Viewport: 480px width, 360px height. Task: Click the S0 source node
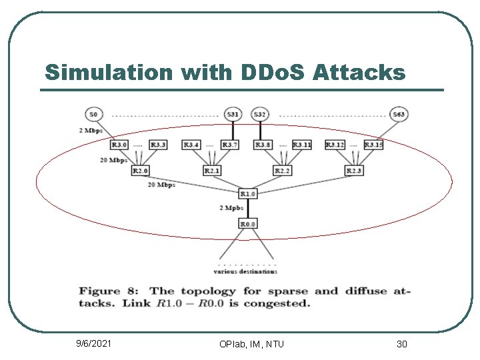click(x=94, y=115)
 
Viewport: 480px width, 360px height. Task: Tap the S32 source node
click(x=259, y=115)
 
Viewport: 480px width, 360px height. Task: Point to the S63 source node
click(x=399, y=115)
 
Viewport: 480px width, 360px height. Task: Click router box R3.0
click(x=119, y=145)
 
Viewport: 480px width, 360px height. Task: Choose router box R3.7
click(x=229, y=145)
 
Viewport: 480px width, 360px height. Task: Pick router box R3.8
click(x=263, y=145)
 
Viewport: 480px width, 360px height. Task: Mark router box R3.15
click(x=373, y=145)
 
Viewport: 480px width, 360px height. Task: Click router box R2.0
click(x=140, y=171)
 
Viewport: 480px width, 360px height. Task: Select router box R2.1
click(x=212, y=171)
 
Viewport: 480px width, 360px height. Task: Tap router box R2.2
click(x=283, y=171)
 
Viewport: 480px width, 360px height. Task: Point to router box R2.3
click(x=354, y=171)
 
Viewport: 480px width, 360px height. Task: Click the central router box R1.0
click(x=247, y=194)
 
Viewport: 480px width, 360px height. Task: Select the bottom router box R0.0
click(x=247, y=223)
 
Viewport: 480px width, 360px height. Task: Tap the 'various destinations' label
click(x=245, y=271)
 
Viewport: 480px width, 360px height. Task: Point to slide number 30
click(x=401, y=343)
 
